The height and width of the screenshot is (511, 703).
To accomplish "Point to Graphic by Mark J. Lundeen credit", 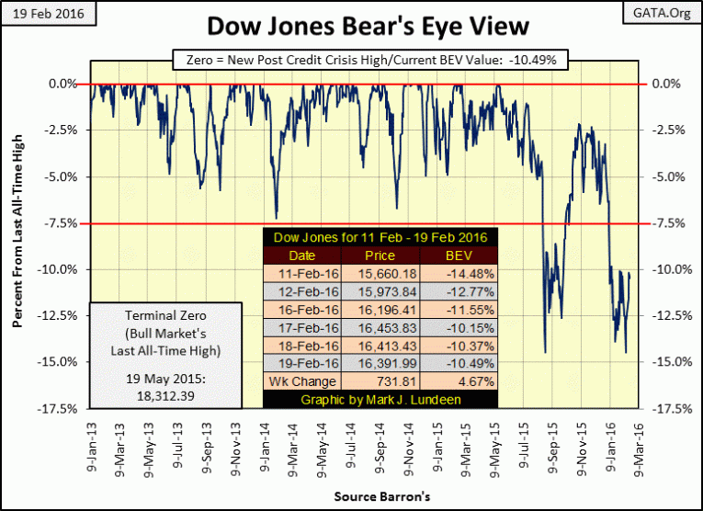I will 380,399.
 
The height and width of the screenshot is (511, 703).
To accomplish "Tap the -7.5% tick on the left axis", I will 62,222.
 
